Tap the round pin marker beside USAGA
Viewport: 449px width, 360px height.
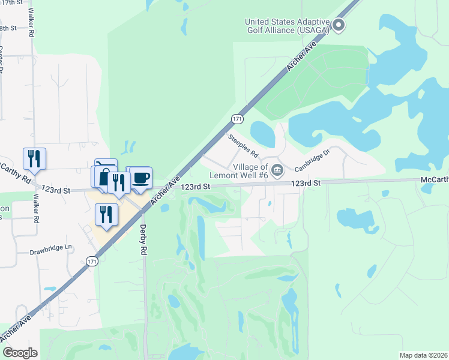click(x=339, y=25)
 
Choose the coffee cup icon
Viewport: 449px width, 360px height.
click(x=140, y=178)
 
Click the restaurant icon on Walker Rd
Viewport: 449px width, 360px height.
click(x=34, y=158)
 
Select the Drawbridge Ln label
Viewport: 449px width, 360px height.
click(x=51, y=247)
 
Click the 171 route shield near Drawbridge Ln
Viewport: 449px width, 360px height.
click(x=91, y=262)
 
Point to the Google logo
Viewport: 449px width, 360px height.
click(x=20, y=353)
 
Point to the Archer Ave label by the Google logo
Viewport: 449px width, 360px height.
click(x=16, y=330)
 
